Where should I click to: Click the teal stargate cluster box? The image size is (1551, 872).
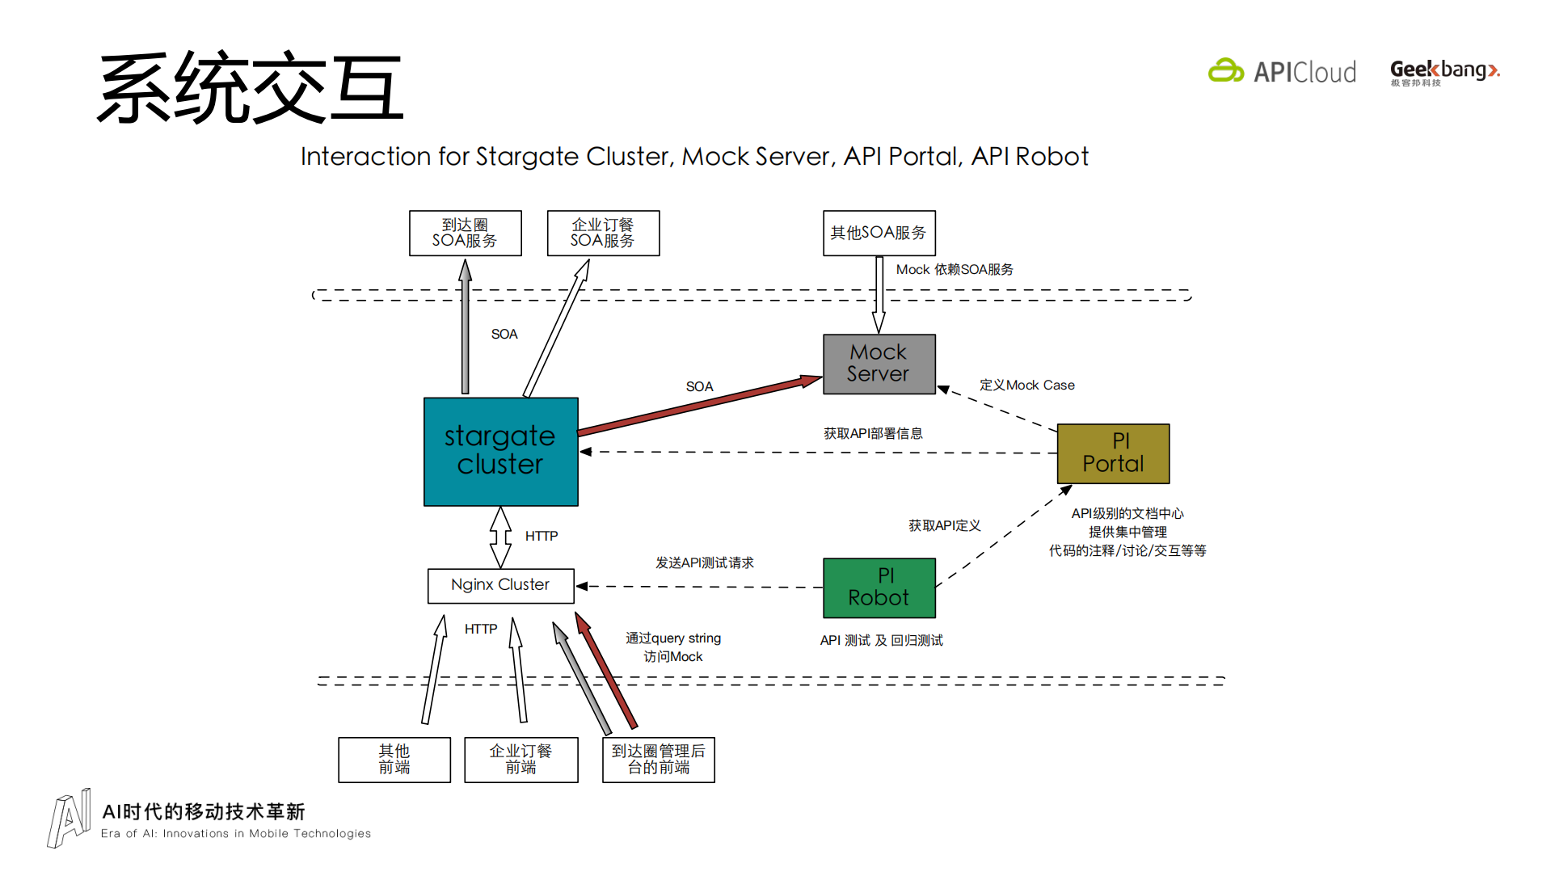click(500, 451)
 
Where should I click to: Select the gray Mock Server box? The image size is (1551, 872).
click(879, 364)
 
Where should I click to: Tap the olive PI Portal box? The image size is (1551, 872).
click(1113, 453)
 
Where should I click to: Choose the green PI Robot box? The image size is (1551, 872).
click(879, 588)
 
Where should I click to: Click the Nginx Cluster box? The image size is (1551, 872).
click(500, 585)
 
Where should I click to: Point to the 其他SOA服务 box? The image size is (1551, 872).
click(879, 233)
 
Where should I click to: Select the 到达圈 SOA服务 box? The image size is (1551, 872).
click(465, 233)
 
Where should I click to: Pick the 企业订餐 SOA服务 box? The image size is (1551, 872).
click(603, 233)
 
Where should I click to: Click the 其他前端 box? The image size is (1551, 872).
click(394, 760)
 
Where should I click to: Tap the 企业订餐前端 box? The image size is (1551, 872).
click(521, 760)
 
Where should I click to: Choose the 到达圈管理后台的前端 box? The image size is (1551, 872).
click(658, 760)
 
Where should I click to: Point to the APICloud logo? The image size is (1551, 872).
click(1283, 72)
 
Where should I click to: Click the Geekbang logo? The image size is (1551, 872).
click(1444, 72)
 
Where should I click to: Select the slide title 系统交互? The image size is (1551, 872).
click(251, 88)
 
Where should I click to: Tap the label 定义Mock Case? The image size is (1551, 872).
click(1026, 385)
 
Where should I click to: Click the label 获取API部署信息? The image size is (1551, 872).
click(873, 434)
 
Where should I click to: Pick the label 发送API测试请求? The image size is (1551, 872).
click(704, 562)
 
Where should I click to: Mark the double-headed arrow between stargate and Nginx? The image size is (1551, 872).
click(500, 537)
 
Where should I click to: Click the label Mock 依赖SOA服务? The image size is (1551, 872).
click(954, 270)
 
